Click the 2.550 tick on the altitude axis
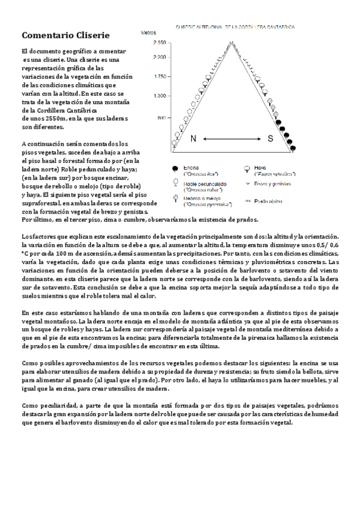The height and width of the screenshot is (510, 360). [x=159, y=43]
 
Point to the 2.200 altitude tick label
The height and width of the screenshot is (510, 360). [x=159, y=57]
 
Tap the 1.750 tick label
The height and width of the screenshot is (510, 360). [x=160, y=76]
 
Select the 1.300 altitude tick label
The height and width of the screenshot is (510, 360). [x=160, y=96]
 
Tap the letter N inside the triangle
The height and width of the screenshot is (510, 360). [x=193, y=139]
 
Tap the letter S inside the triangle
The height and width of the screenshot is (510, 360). [x=270, y=139]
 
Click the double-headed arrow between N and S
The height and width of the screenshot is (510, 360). [x=231, y=139]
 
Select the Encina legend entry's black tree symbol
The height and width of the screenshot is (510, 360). [x=175, y=169]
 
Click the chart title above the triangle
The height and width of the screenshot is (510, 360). [x=234, y=27]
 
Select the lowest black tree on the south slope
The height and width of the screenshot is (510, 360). [x=293, y=146]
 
